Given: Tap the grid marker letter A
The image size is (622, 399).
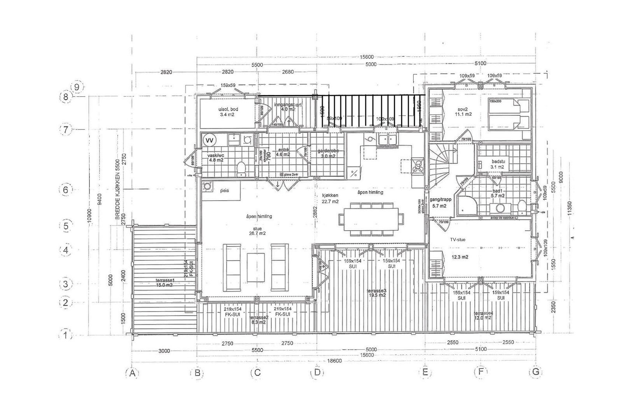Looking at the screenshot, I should (132, 373).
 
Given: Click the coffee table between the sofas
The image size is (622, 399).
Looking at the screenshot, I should (256, 268).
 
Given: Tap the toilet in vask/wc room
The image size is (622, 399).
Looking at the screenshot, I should (241, 168).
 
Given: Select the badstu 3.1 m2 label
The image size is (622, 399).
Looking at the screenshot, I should (497, 164).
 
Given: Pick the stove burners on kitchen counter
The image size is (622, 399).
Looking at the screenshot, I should (418, 166).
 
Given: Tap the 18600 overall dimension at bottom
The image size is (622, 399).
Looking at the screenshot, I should (334, 360).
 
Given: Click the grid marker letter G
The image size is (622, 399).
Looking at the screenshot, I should (536, 372).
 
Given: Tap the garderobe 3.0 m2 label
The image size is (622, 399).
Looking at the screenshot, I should (328, 153).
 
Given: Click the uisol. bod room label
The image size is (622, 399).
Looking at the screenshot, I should (228, 112).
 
